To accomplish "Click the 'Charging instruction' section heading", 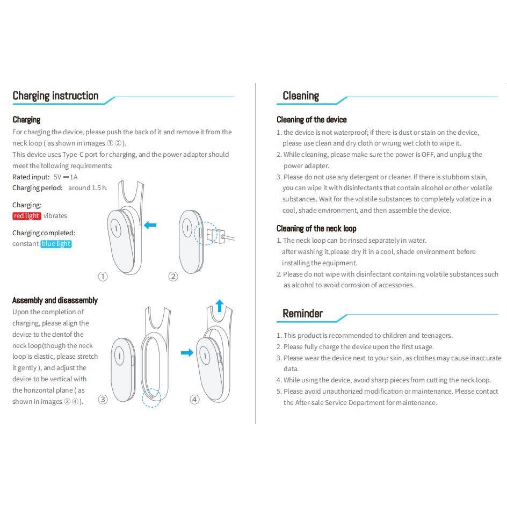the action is tap(55, 96).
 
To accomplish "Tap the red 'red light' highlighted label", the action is tap(26, 216).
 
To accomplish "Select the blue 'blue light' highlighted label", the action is tap(56, 244).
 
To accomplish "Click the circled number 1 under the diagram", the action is tap(103, 277).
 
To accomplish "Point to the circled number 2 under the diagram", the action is tap(173, 277).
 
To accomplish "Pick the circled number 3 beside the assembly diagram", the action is tap(103, 400).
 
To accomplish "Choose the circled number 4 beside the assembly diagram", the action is tap(194, 400).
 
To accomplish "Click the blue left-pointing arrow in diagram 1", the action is tap(150, 224).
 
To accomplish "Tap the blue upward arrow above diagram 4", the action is tap(220, 306).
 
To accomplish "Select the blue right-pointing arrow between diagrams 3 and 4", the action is tap(187, 352).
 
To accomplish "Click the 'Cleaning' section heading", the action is tap(301, 96).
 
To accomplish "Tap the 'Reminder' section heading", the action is tap(302, 313).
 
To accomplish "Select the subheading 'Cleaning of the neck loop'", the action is tap(316, 229).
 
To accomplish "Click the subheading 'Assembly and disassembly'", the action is tap(55, 300).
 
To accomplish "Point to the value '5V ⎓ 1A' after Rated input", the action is tap(66, 177).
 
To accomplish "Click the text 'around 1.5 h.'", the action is tap(88, 188).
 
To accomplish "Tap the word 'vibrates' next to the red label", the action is tap(55, 216).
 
